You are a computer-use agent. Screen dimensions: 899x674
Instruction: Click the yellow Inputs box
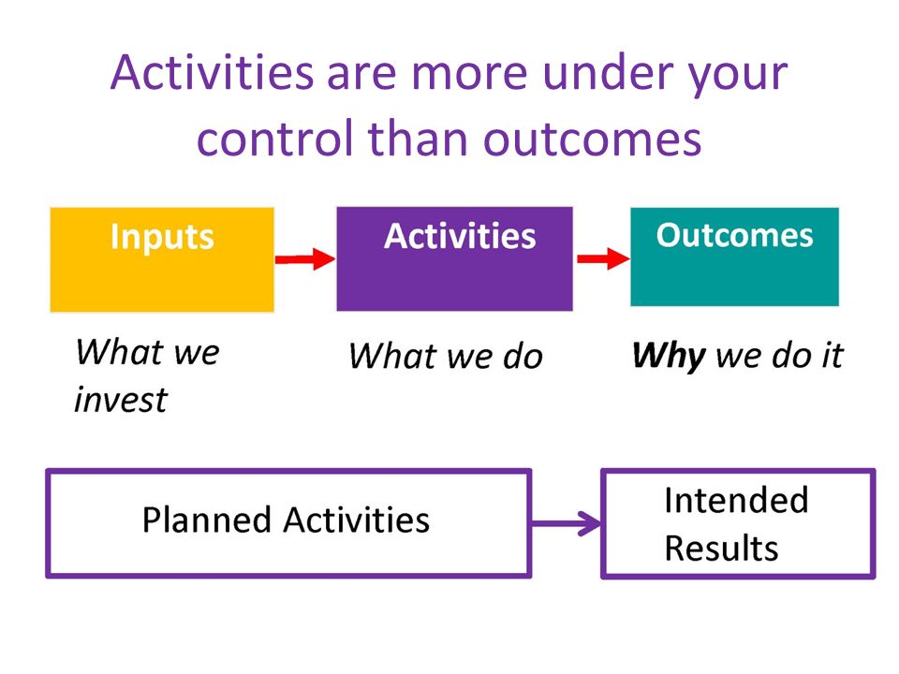162,259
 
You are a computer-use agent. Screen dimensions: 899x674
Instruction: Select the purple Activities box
455,259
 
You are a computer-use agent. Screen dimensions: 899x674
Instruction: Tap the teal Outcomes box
734,256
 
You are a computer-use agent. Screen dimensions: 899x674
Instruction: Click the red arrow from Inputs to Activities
305,259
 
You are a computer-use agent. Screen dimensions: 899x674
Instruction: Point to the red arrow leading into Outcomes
602,259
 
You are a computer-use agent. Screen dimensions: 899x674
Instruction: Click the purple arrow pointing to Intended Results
566,523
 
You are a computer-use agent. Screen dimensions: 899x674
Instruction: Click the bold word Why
669,356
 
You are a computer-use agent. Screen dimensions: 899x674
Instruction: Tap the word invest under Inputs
121,400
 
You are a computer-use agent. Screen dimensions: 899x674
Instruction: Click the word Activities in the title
213,73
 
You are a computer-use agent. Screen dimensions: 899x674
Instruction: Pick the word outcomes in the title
592,139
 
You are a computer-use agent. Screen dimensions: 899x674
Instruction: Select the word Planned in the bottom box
206,520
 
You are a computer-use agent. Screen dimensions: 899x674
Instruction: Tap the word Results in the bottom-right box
721,548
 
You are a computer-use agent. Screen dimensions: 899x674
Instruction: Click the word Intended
736,500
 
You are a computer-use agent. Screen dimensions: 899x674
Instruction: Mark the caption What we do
446,356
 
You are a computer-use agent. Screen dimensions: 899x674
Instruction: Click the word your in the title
739,76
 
